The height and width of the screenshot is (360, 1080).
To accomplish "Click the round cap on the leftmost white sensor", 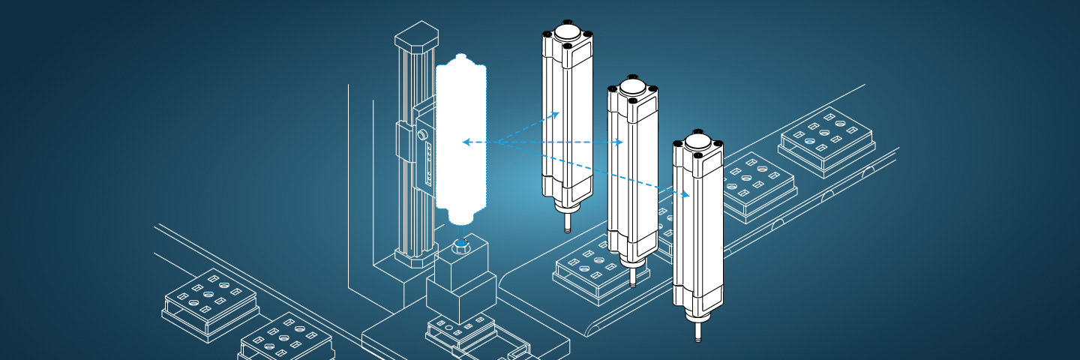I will pos(567,34).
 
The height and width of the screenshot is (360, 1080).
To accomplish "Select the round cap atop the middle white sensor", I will pos(631,88).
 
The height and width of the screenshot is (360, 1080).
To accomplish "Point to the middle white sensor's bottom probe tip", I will pos(631,280).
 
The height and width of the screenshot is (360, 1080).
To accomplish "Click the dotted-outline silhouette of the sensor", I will pos(461,139).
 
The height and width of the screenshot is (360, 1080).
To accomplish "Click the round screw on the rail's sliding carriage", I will pos(421,133).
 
